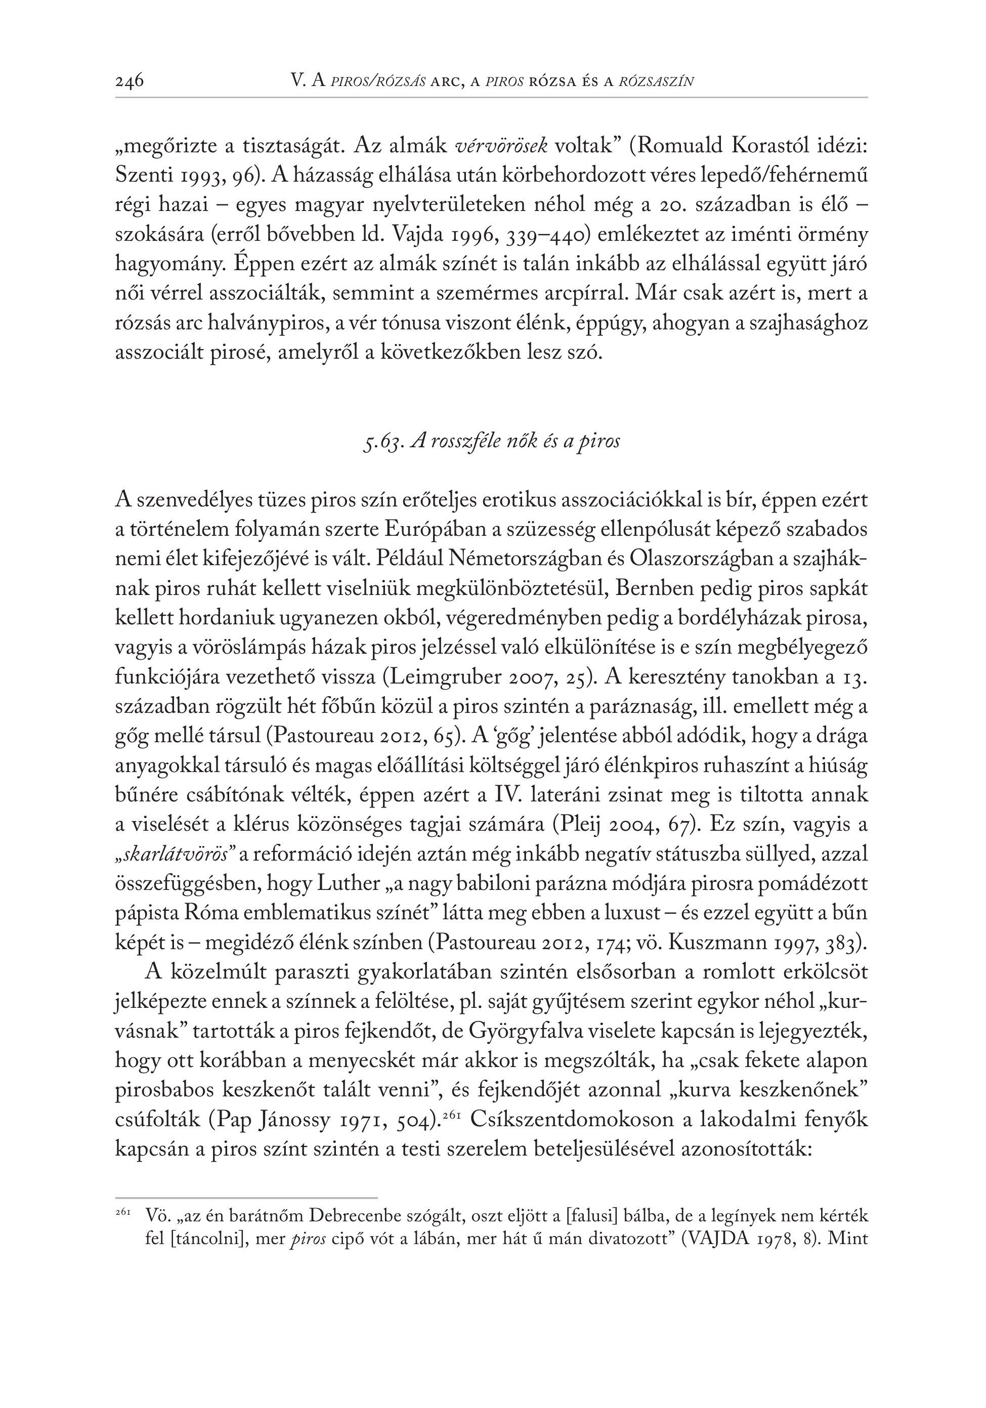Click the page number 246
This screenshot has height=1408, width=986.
pos(130,81)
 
